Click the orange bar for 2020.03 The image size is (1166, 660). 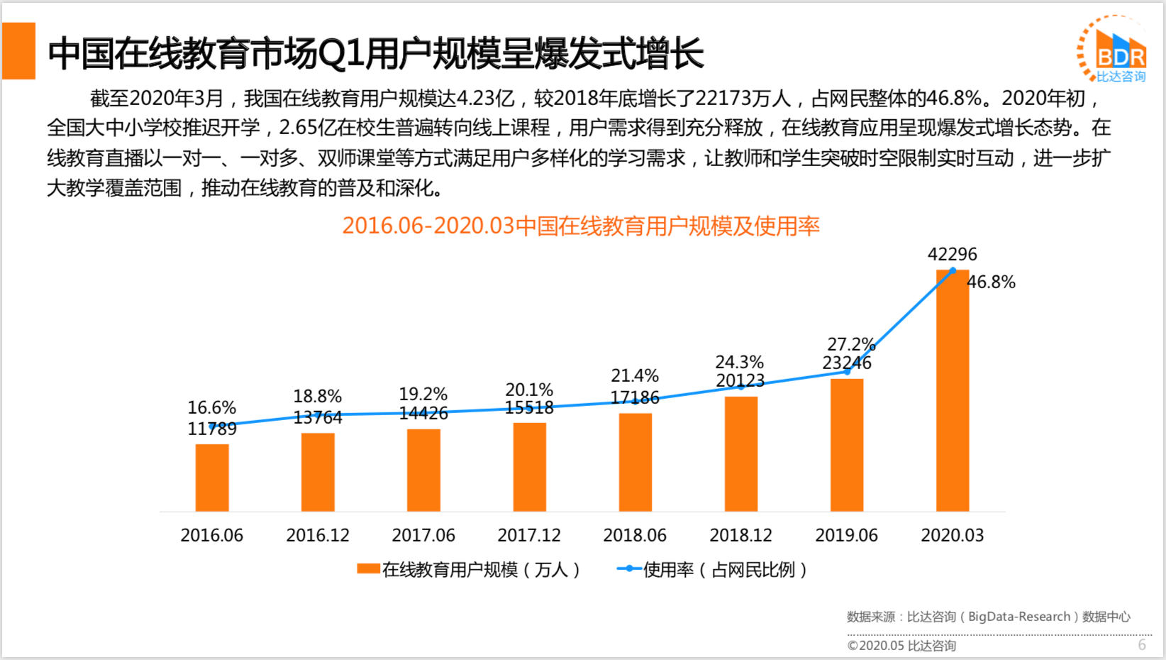(x=953, y=390)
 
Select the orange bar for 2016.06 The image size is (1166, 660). (x=212, y=478)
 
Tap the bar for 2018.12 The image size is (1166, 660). (x=741, y=454)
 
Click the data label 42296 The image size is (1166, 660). (x=952, y=254)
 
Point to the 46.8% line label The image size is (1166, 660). (x=992, y=282)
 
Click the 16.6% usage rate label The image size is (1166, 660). (x=211, y=407)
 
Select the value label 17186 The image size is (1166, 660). (x=635, y=397)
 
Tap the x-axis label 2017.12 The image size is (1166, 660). (x=529, y=535)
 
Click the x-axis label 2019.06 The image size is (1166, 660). (x=846, y=535)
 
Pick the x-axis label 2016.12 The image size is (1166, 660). (x=318, y=535)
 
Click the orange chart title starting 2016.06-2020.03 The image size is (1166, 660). (x=581, y=226)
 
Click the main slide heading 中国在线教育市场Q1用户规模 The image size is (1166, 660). (x=376, y=53)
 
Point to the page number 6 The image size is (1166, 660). (x=1142, y=644)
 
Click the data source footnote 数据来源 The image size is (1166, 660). (x=988, y=617)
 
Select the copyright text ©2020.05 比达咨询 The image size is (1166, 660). (x=901, y=646)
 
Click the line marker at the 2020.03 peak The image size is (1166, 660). (x=953, y=270)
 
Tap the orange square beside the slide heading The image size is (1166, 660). (x=19, y=51)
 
